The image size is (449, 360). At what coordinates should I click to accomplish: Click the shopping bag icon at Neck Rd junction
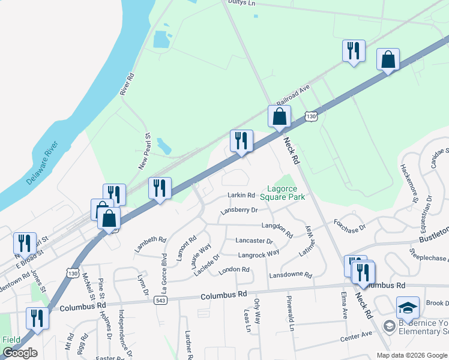tap(279, 116)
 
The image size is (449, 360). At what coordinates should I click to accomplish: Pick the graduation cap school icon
tap(408, 308)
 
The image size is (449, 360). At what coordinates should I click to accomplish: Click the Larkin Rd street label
tap(241, 195)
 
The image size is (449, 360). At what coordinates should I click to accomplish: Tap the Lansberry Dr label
tap(238, 211)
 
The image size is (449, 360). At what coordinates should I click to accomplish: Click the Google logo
tap(20, 353)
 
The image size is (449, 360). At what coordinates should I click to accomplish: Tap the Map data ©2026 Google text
tap(412, 355)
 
